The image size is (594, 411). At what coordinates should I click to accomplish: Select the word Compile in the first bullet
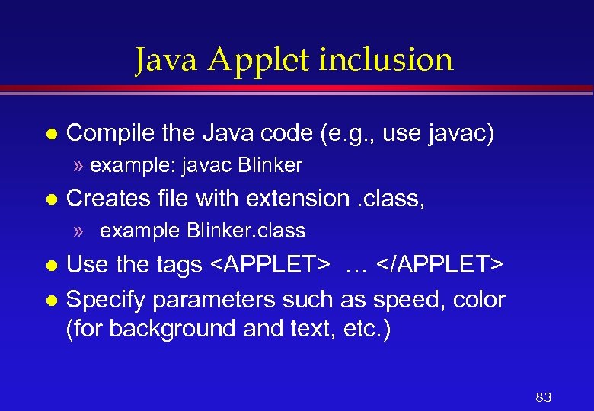110,135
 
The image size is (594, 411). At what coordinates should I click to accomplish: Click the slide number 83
544,397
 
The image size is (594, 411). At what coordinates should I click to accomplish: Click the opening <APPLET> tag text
270,265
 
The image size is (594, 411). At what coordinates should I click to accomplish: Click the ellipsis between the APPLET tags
356,266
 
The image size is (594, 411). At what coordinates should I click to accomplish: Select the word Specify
107,301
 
